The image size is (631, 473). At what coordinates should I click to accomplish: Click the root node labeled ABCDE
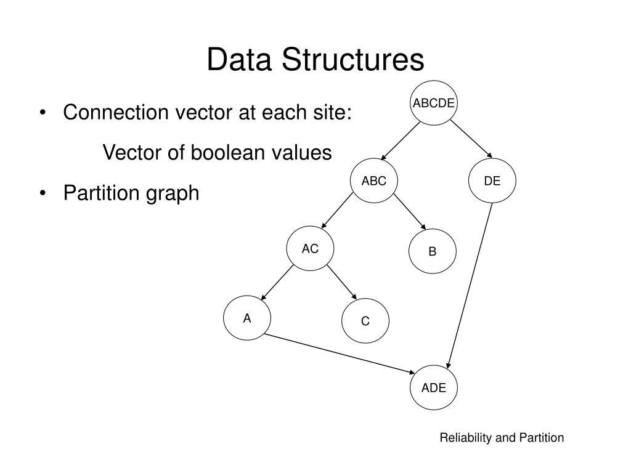click(x=433, y=103)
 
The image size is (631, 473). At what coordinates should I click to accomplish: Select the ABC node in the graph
click(x=374, y=180)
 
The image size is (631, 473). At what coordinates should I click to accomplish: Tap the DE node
click(x=492, y=180)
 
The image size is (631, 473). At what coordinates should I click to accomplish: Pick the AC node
click(x=311, y=248)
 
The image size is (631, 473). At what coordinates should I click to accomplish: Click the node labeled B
click(x=433, y=251)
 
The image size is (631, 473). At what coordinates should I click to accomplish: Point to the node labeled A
click(x=247, y=318)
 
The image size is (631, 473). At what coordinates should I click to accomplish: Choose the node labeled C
click(x=365, y=320)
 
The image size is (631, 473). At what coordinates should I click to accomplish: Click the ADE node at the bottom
click(x=434, y=387)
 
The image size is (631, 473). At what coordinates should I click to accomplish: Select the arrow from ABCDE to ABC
click(x=400, y=141)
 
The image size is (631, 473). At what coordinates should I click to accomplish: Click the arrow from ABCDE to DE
click(x=471, y=139)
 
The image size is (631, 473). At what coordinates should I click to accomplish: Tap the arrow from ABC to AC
click(x=337, y=211)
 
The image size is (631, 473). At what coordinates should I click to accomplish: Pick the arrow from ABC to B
click(x=410, y=212)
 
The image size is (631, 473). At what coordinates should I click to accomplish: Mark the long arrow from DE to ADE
click(x=469, y=286)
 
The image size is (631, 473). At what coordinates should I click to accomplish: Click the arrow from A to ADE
click(x=340, y=354)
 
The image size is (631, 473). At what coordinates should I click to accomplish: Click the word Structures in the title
click(x=352, y=60)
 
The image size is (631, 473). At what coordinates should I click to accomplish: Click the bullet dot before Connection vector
click(x=43, y=112)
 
